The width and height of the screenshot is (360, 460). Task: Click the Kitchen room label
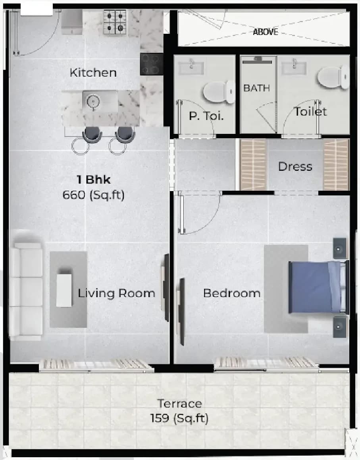pyautogui.click(x=93, y=73)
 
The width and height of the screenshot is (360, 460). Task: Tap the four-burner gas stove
pyautogui.click(x=115, y=22)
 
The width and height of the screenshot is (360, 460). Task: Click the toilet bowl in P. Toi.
pyautogui.click(x=218, y=93)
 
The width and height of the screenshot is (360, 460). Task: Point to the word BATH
pyautogui.click(x=256, y=88)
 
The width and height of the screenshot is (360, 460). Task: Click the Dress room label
pyautogui.click(x=295, y=166)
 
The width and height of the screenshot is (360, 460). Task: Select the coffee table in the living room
pyautogui.click(x=64, y=290)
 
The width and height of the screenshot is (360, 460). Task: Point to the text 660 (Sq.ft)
pyautogui.click(x=94, y=195)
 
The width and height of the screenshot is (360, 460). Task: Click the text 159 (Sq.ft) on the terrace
pyautogui.click(x=179, y=418)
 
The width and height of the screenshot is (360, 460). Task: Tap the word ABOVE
pyautogui.click(x=266, y=32)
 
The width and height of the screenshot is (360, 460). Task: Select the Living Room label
pyautogui.click(x=116, y=294)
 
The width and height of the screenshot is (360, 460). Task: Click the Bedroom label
pyautogui.click(x=232, y=294)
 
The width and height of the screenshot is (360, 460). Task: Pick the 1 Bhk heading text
pyautogui.click(x=94, y=180)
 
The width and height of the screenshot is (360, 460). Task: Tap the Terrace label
pyautogui.click(x=179, y=404)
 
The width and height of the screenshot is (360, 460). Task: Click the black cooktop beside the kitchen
pyautogui.click(x=152, y=64)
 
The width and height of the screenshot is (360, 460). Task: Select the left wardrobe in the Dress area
pyautogui.click(x=253, y=164)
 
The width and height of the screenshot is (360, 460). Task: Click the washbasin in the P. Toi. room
pyautogui.click(x=191, y=68)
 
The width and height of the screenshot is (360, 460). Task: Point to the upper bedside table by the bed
pyautogui.click(x=339, y=249)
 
